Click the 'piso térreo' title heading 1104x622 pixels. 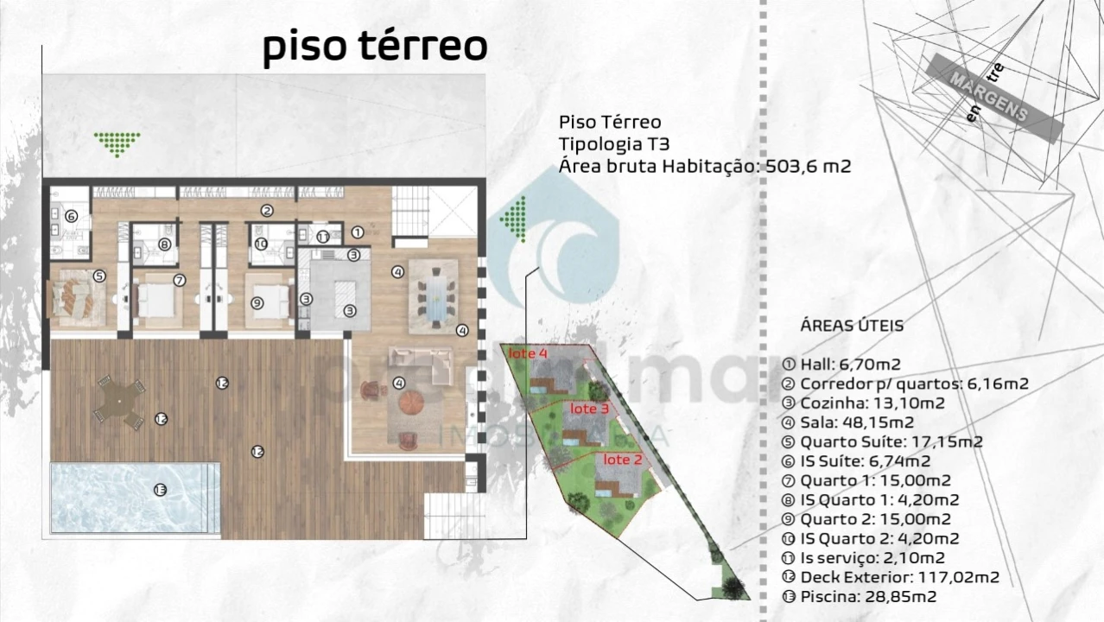point(375,47)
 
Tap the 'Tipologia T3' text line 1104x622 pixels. point(613,143)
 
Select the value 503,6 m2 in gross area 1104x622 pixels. point(809,166)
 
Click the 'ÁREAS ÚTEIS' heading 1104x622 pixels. point(852,326)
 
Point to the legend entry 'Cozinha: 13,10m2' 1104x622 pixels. point(872,403)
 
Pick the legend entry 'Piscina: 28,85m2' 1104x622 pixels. point(868,597)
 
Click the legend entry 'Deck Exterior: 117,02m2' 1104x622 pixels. point(899,577)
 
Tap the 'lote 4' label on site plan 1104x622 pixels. point(528,353)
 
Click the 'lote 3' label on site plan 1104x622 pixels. point(590,408)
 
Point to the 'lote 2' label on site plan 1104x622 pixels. point(622,460)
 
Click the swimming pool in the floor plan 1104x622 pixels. point(134,497)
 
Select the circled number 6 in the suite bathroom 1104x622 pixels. point(71,217)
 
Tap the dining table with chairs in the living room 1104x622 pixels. point(435,295)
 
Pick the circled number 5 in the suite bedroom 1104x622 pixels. point(99,276)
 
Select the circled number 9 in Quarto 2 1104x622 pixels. point(257,302)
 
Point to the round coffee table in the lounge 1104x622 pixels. point(410,402)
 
